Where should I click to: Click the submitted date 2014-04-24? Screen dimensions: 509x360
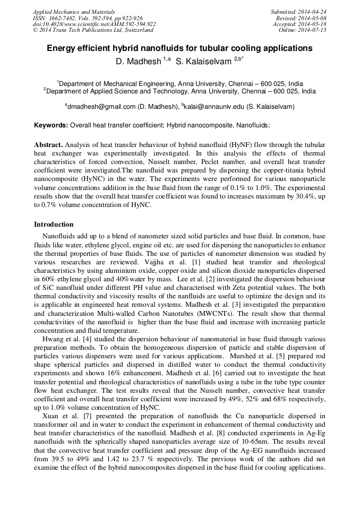point(313,12)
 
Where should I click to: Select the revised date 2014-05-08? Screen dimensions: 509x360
point(313,18)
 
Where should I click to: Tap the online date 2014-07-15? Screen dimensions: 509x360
point(313,30)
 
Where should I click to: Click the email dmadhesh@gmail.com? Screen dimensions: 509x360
point(101,107)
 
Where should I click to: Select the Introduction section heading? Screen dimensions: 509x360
point(54,225)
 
